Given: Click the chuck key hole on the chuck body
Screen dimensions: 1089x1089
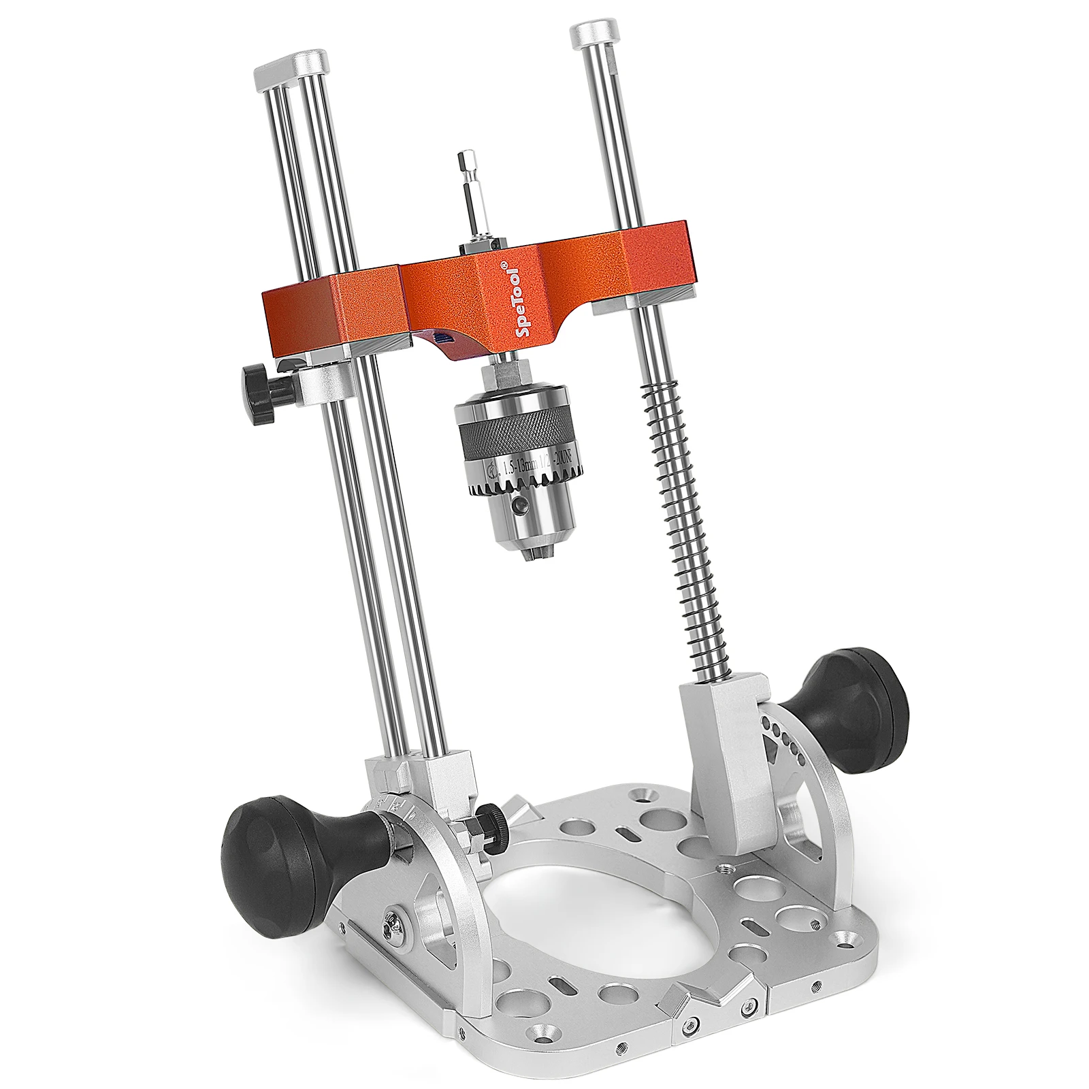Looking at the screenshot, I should [x=520, y=505].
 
